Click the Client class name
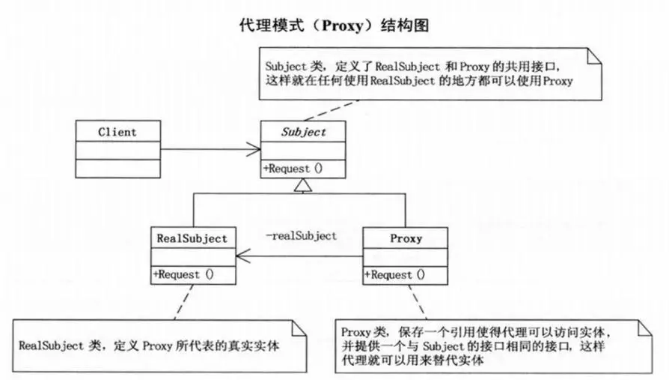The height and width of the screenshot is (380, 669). click(x=117, y=132)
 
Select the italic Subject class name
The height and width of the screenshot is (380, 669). click(x=303, y=132)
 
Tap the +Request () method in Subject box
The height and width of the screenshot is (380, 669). click(x=293, y=169)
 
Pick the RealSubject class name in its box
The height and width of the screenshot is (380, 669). click(x=192, y=238)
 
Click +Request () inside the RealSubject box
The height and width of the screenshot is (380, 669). click(x=183, y=274)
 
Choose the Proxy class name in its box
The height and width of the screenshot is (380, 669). click(x=406, y=238)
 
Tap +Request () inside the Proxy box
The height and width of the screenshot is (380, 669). click(x=394, y=274)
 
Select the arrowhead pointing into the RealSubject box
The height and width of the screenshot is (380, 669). click(x=241, y=257)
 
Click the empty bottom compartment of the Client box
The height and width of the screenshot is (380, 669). click(x=117, y=168)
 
